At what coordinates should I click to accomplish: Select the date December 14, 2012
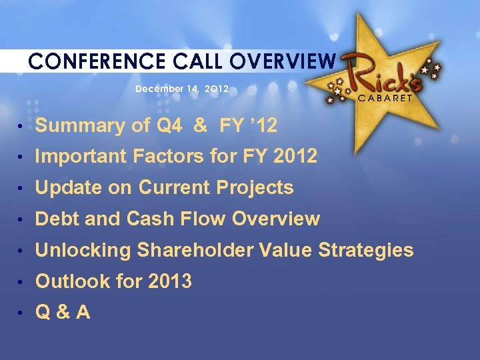(182, 89)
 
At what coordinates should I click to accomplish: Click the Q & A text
(63, 312)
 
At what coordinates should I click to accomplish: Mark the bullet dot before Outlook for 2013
(22, 282)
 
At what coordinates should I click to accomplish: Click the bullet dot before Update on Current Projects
(22, 189)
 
